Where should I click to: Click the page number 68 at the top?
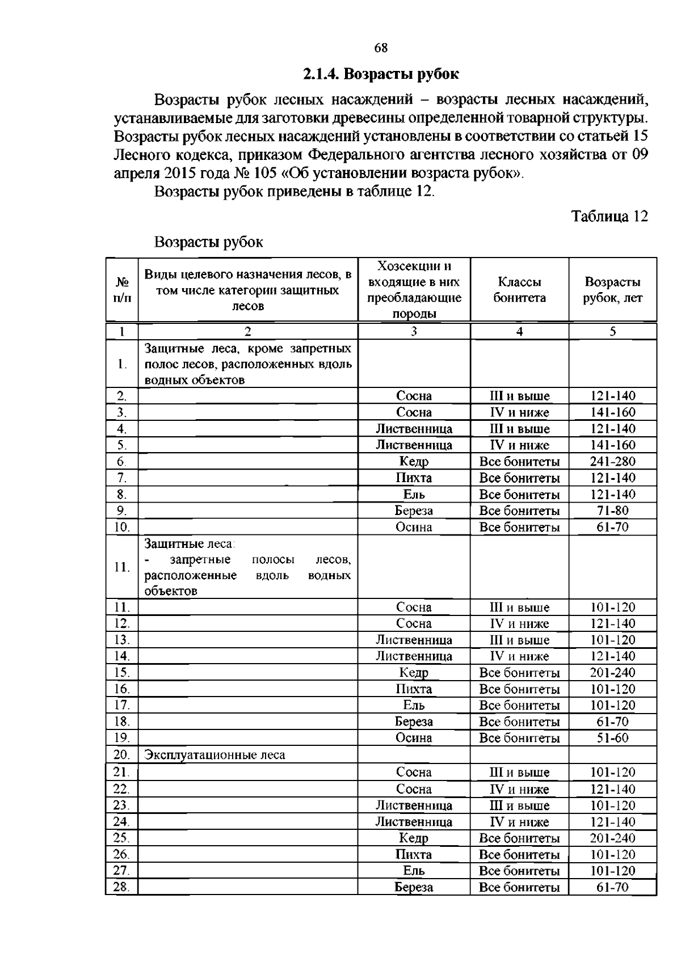(381, 48)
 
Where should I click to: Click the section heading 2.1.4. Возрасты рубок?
(381, 74)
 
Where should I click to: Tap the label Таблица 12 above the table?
(609, 217)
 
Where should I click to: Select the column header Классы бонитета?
(519, 290)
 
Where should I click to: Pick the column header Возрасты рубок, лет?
(612, 290)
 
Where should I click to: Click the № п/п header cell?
(122, 290)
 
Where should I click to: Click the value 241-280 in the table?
(612, 462)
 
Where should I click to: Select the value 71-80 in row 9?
(612, 510)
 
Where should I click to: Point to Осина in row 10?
(414, 528)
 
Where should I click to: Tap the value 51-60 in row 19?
(612, 738)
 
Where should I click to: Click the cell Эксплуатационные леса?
(215, 755)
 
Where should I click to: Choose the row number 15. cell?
(122, 673)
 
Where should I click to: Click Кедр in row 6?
(414, 462)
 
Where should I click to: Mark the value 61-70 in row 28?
(612, 887)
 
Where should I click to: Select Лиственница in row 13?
(414, 640)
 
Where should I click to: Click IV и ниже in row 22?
(519, 789)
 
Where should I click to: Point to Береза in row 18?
(414, 722)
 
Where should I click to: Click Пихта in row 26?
(414, 854)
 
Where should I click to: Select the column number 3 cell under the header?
(414, 332)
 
